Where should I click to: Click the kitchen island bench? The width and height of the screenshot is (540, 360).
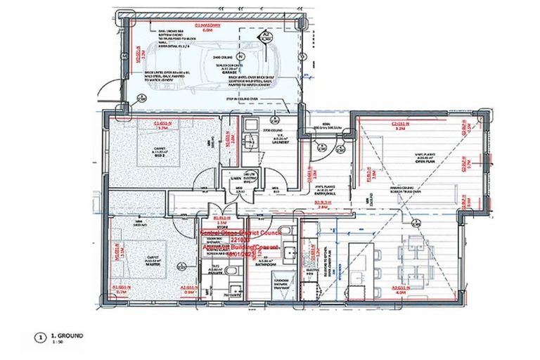(x=368, y=260)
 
